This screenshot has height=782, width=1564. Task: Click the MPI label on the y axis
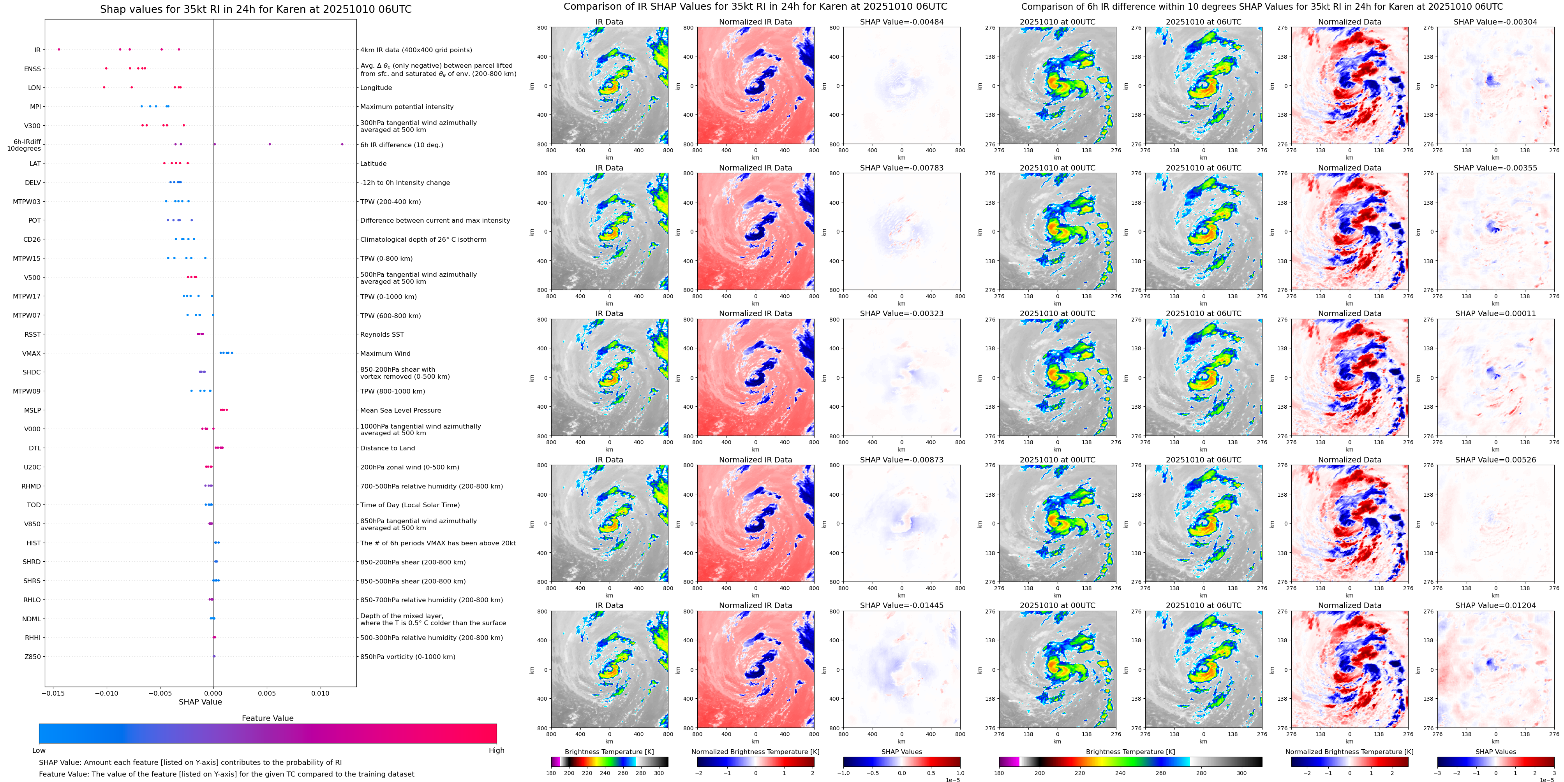[x=35, y=107]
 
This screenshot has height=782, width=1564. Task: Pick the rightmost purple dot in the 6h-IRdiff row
[x=342, y=144]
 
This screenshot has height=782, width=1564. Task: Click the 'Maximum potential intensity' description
[x=407, y=107]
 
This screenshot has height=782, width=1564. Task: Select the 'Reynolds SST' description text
[x=382, y=335]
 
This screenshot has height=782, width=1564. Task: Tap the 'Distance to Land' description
[x=387, y=448]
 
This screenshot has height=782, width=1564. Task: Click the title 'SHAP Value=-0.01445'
[x=902, y=605]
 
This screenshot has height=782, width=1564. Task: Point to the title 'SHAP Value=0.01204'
[x=1495, y=605]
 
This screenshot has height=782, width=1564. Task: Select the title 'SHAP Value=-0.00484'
[x=902, y=22]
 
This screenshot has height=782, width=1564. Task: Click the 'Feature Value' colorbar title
[x=268, y=718]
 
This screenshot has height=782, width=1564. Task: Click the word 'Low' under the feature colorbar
[x=39, y=750]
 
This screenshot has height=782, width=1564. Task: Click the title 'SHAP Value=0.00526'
[x=1495, y=460]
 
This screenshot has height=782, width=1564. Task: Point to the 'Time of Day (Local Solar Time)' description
[x=410, y=505]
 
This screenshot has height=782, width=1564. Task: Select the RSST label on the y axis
[x=33, y=335]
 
